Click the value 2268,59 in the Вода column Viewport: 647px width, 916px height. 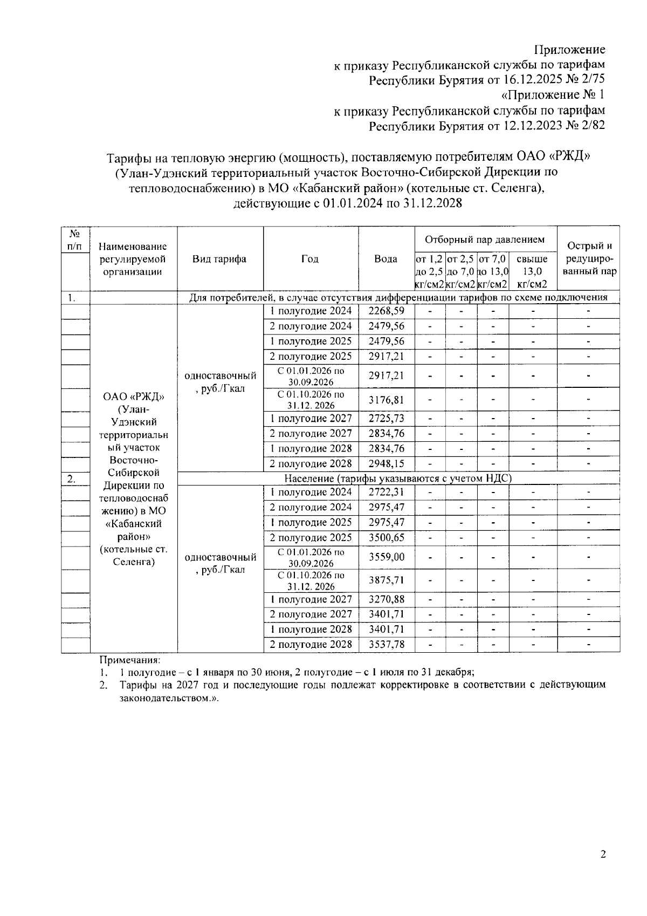coord(386,311)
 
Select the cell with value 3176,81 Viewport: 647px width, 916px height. coord(386,400)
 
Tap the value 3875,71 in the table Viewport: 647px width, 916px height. coord(386,580)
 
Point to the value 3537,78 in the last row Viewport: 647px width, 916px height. coord(386,644)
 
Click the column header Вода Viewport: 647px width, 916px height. coord(386,258)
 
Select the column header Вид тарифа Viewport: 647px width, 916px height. coord(219,258)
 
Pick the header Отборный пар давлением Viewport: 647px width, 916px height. coord(485,240)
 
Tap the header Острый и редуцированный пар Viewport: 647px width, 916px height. coord(589,258)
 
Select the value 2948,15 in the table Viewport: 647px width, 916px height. coord(386,463)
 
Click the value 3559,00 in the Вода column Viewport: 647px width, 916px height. coord(386,557)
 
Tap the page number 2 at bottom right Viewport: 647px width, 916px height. coord(603,854)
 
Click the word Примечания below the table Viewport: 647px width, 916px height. coord(129,659)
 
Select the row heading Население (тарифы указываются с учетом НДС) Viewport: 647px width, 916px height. coord(398,478)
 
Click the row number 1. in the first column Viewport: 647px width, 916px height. coord(71,297)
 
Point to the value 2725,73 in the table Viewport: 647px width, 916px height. coord(386,418)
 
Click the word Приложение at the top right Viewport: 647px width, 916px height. coord(569,50)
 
